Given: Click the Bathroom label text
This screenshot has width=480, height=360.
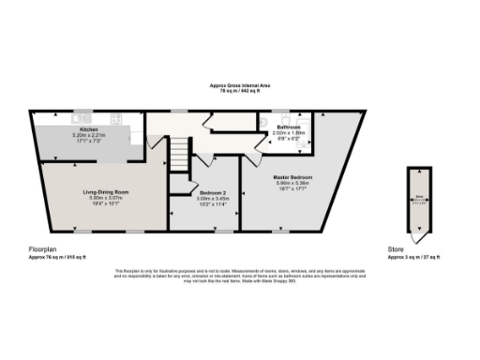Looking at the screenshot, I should click(285, 127).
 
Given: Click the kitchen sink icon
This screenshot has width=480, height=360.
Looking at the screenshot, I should click(76, 118).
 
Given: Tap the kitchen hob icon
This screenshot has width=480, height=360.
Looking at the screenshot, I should click(115, 118).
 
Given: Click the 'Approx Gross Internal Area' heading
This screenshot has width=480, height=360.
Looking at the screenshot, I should click(239, 85).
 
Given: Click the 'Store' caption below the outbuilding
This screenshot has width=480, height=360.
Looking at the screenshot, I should click(395, 249).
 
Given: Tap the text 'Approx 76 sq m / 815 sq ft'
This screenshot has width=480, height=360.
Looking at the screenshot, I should click(57, 257).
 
